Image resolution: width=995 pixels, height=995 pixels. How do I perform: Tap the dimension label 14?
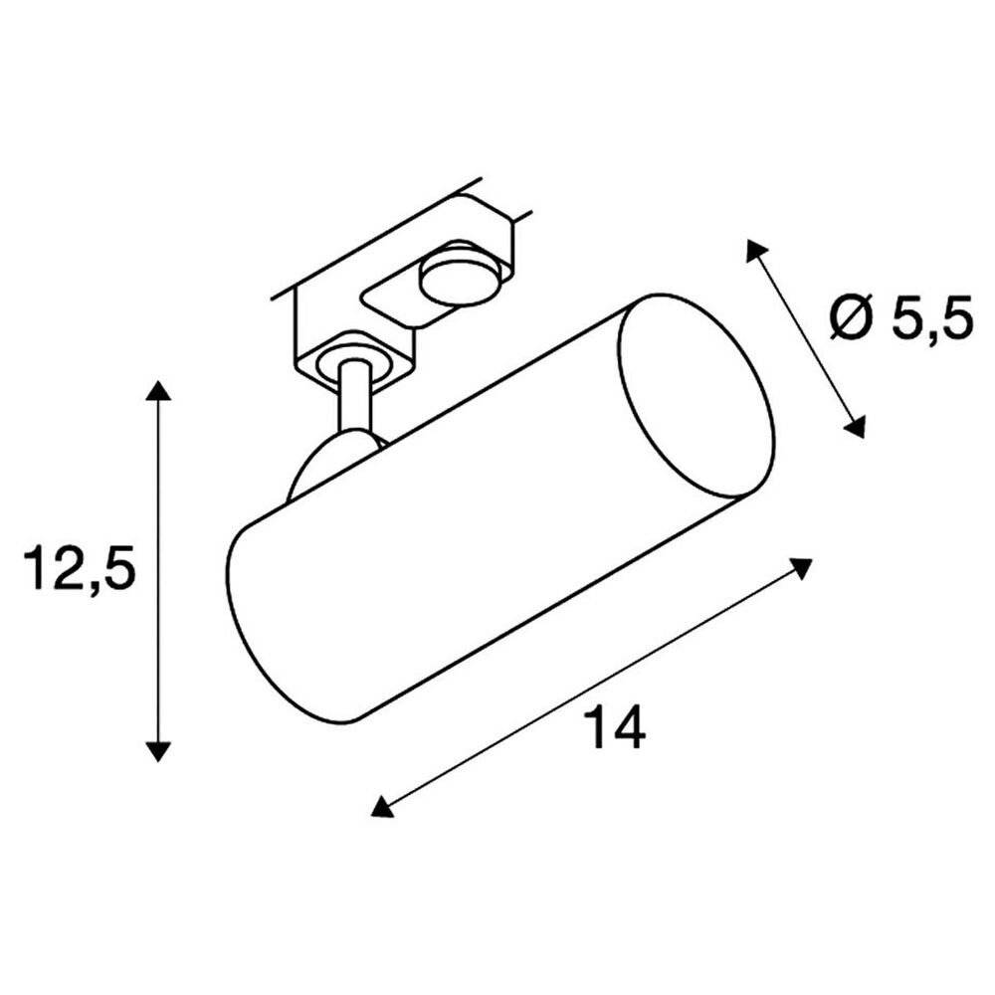pos(617,727)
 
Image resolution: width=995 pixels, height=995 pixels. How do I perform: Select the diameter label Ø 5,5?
pos(899,320)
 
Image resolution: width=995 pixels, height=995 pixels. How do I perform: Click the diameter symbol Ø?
pos(853,320)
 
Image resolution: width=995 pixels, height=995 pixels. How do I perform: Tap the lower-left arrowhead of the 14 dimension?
pos(381,806)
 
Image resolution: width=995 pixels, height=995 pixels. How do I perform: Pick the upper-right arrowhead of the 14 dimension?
pos(802,568)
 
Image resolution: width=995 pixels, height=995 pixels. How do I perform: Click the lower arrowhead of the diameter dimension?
pos(854,428)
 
